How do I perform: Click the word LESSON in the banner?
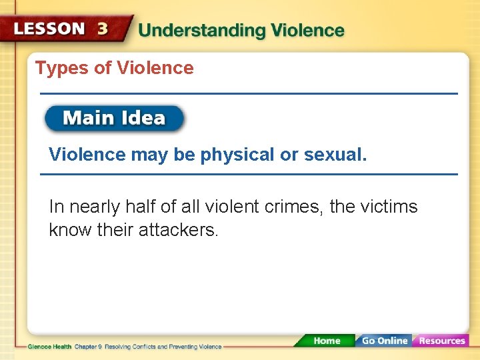tap(49, 29)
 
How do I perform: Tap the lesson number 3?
tap(103, 29)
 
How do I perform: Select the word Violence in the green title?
tap(307, 31)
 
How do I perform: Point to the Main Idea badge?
tap(114, 119)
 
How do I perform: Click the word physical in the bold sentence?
tap(237, 155)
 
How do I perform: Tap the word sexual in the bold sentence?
tap(335, 155)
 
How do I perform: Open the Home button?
tap(327, 341)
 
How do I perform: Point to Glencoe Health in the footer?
tap(50, 347)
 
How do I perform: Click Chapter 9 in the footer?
tap(88, 347)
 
